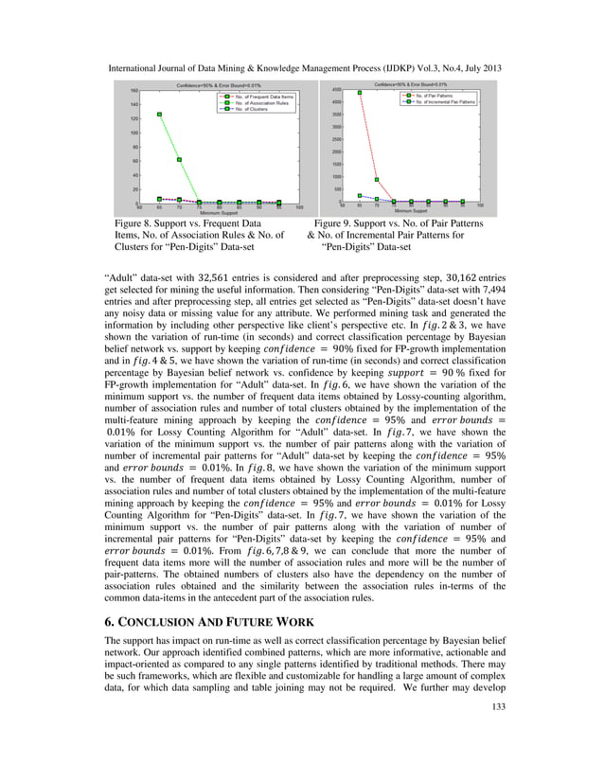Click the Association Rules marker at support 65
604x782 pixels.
click(160, 115)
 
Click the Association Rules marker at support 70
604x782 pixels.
click(180, 160)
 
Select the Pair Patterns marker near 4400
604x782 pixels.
click(360, 93)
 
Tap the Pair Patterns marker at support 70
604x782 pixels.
click(377, 180)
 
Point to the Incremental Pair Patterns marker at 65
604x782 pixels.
click(360, 196)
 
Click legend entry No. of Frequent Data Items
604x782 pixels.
click(261, 97)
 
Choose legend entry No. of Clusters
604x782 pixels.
click(252, 110)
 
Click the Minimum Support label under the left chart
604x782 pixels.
click(219, 214)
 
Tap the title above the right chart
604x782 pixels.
click(411, 85)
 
